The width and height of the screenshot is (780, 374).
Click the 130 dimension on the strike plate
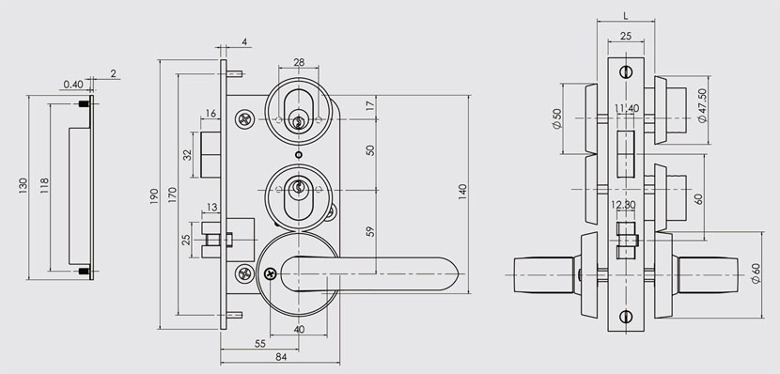pyautogui.click(x=23, y=185)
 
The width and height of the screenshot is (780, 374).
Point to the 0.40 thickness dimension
pyautogui.click(x=73, y=84)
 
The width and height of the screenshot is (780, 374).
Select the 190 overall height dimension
pyautogui.click(x=154, y=196)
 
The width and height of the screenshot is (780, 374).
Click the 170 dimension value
pyautogui.click(x=172, y=195)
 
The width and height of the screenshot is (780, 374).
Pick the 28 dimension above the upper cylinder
pyautogui.click(x=299, y=62)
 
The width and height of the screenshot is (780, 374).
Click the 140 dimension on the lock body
pyautogui.click(x=462, y=192)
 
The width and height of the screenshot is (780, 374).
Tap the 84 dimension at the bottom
pyautogui.click(x=281, y=356)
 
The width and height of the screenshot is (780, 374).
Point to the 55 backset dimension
pyautogui.click(x=259, y=344)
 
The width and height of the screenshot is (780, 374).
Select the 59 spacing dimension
pyautogui.click(x=370, y=231)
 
